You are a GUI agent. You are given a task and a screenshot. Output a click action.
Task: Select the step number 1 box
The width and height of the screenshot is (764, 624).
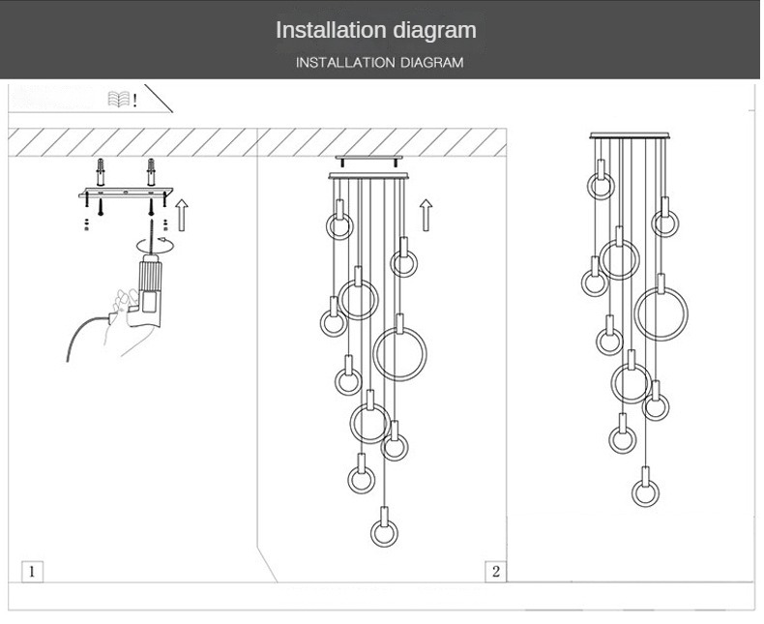[x=32, y=572]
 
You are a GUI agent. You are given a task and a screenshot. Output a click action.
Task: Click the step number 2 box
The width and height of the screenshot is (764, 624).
[x=495, y=572]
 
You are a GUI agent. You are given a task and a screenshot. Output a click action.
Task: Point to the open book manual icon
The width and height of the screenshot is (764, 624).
[x=119, y=100]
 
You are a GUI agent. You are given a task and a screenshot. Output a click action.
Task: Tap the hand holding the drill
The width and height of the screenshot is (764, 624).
[x=128, y=322]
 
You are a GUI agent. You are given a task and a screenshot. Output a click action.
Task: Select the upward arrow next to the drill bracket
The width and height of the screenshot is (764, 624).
[x=182, y=215]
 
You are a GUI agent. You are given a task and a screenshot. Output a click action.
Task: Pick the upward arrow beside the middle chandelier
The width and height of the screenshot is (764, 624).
[x=426, y=215]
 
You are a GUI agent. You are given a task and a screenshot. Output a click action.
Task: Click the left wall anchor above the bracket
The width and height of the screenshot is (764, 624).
[x=101, y=172]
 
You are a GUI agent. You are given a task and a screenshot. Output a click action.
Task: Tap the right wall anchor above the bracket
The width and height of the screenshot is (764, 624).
[x=151, y=172]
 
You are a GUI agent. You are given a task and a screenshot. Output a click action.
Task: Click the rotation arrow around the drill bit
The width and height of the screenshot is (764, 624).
[x=156, y=245]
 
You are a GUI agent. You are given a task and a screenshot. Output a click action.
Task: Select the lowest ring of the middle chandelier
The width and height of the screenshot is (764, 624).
[x=371, y=533]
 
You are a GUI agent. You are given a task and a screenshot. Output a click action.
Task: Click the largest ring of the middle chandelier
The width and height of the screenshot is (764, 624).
[x=373, y=354]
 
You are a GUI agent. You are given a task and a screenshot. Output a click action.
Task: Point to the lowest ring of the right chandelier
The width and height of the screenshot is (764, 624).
[x=632, y=492]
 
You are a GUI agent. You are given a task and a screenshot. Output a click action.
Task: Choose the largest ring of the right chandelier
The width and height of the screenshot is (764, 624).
[x=634, y=314]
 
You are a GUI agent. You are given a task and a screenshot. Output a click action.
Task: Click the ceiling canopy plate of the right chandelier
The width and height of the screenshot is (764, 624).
[x=630, y=135]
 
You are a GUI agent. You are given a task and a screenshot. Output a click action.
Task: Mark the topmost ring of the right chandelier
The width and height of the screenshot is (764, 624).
[x=588, y=187]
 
